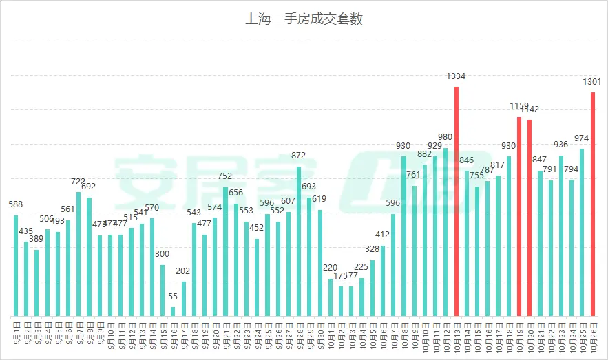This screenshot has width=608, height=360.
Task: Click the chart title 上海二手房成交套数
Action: coord(304,19)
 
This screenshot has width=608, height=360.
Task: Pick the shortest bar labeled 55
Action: coord(173,311)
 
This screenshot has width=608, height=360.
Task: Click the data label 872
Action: coord(299,156)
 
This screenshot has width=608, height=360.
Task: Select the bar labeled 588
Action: coord(16,265)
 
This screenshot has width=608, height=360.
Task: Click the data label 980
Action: coord(445,137)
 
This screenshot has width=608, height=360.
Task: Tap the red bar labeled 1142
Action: coord(530,218)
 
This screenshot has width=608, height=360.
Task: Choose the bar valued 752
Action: coord(225,251)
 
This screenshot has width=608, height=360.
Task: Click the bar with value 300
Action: coord(163,290)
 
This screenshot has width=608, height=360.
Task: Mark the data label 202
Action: coord(183,271)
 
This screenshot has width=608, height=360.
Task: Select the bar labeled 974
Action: coord(582,232)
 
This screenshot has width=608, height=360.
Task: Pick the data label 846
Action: coord(466,160)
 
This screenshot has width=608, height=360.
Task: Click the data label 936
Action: coord(560,145)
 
